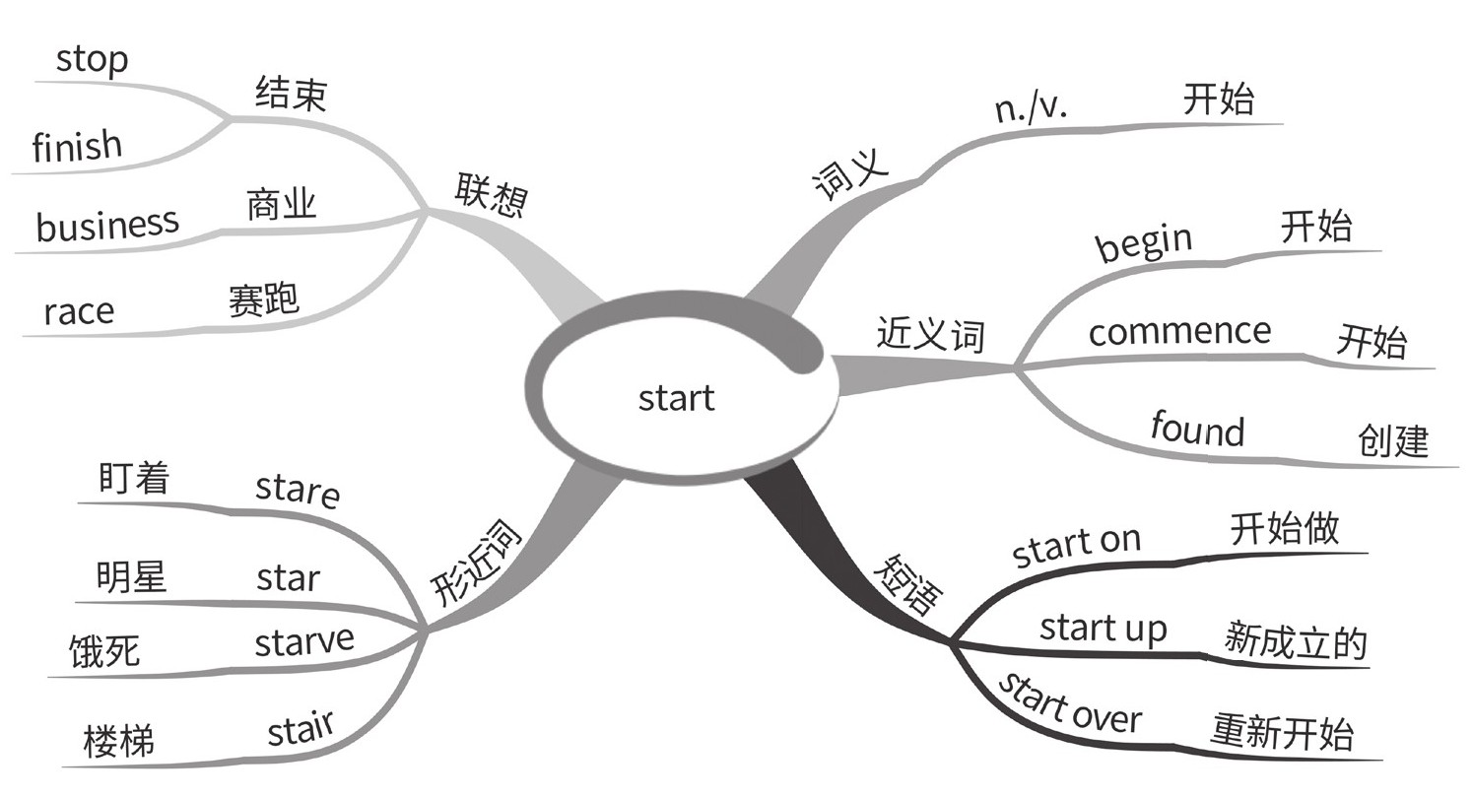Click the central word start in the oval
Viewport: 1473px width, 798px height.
[x=676, y=399]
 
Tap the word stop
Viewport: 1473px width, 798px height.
[x=92, y=60]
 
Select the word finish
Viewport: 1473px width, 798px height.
[x=77, y=147]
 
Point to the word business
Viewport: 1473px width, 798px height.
[x=107, y=225]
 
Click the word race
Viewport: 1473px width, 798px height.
[x=79, y=311]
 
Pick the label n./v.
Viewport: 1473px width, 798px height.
[x=1031, y=107]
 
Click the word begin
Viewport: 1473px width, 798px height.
[x=1144, y=242]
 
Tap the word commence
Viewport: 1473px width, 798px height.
[x=1178, y=331]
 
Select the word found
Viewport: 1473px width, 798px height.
[x=1197, y=430]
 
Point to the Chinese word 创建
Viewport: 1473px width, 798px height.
[x=1393, y=441]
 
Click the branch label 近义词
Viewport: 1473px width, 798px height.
[x=930, y=335]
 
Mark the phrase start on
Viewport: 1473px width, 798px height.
[x=1076, y=546]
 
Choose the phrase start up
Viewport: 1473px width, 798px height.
[x=1103, y=628]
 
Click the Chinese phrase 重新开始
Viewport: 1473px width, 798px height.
[x=1282, y=733]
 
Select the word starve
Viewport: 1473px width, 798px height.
[x=303, y=642]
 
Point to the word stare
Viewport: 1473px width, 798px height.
[x=297, y=489]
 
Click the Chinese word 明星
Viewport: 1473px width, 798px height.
[x=132, y=577]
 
